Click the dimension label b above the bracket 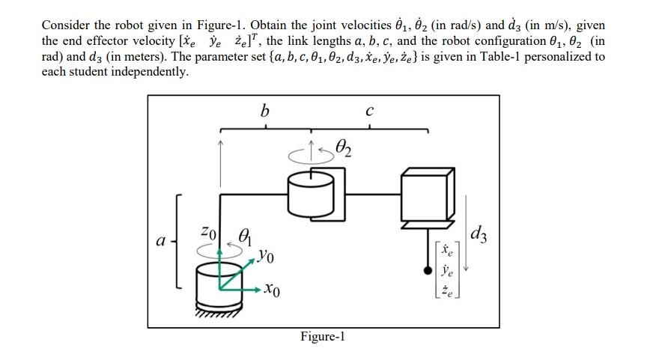coord(263,112)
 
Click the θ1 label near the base coord(244,234)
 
